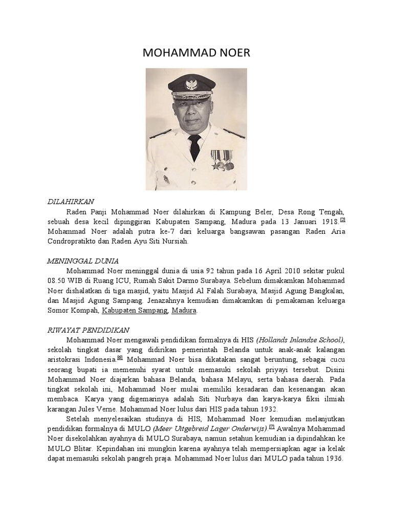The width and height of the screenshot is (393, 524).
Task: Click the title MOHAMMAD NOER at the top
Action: (196, 54)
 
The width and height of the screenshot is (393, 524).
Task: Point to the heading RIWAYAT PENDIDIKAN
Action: (85, 330)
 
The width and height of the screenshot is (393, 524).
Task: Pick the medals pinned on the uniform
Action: (222, 160)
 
